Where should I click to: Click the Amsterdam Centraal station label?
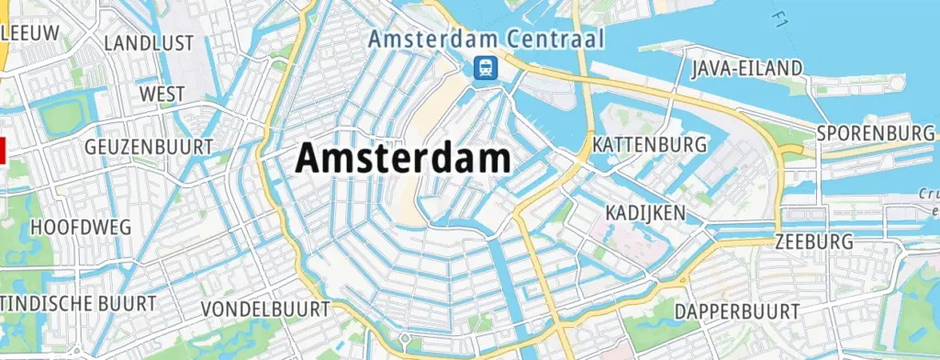pos(486,39)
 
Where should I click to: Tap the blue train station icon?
pos(485,67)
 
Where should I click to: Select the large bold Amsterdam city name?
pos(403,159)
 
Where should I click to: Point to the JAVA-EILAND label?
pos(746,68)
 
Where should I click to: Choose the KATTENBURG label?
pos(650,145)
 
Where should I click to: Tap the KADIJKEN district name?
pos(645,213)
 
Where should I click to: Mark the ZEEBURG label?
pos(813,242)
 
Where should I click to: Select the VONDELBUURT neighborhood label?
pos(263,309)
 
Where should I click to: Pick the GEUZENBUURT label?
pos(148,147)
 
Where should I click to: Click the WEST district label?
pos(162,94)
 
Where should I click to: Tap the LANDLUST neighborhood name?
pos(149,43)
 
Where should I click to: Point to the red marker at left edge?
pos(3,149)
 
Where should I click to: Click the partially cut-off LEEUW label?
pos(30,33)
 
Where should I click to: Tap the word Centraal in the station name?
pos(557,39)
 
